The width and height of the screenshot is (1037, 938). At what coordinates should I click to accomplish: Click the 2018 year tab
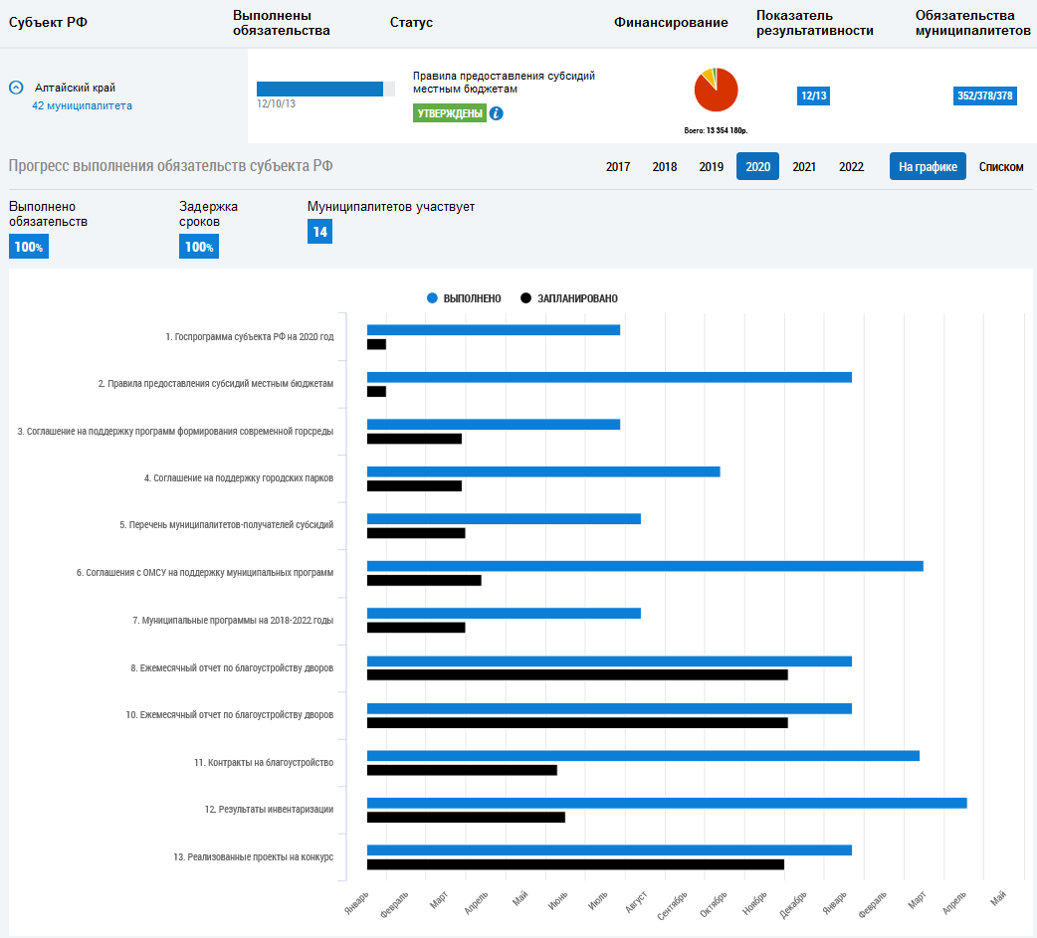665,167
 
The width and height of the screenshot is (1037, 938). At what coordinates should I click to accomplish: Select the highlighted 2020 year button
757,167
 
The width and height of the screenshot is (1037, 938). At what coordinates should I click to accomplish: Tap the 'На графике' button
928,167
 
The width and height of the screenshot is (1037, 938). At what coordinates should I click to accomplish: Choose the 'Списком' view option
1001,167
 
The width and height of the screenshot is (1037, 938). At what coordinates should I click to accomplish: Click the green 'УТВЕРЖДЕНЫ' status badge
449,113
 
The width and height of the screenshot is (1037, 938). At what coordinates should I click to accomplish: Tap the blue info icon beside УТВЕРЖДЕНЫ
496,113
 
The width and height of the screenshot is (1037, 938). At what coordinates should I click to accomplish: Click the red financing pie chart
716,90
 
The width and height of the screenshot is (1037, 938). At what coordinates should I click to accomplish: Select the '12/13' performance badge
813,96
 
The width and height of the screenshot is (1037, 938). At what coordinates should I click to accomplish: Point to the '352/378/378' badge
984,96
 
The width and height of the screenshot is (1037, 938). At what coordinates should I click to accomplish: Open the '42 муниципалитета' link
82,105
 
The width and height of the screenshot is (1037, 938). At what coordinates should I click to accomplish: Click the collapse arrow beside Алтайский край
16,88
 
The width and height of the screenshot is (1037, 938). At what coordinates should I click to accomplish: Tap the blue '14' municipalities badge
319,232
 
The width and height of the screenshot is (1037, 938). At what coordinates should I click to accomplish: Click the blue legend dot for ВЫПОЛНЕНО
432,298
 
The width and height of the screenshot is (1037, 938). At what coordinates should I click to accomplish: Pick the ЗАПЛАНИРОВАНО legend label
577,298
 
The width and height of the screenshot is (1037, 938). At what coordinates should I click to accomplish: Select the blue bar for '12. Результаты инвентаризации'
667,803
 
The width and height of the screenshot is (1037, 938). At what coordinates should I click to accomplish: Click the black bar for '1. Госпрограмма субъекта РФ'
376,344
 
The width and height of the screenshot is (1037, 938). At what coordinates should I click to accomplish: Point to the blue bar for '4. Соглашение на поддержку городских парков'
543,471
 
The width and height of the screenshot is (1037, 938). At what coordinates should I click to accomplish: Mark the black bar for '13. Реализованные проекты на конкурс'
575,864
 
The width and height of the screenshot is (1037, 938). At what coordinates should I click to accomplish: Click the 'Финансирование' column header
671,23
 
